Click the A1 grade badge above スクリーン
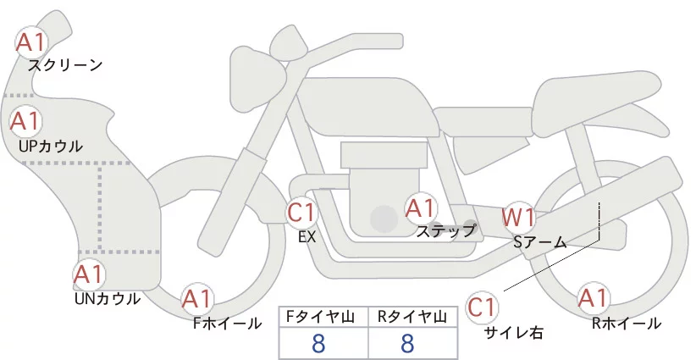point(33,41)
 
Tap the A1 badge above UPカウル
point(25,121)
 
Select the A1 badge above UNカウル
point(89,275)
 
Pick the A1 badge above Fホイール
point(198,298)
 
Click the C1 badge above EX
point(302,213)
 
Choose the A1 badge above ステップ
point(421,208)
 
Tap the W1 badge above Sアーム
point(518,218)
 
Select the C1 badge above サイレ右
point(483,307)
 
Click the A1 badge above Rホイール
point(593,298)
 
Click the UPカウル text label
point(51,146)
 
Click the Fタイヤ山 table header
point(323,317)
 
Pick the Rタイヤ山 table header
point(412,317)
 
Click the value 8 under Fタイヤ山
point(319,343)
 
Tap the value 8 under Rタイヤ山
point(408,343)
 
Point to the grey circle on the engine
point(385,219)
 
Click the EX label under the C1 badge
point(307,237)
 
